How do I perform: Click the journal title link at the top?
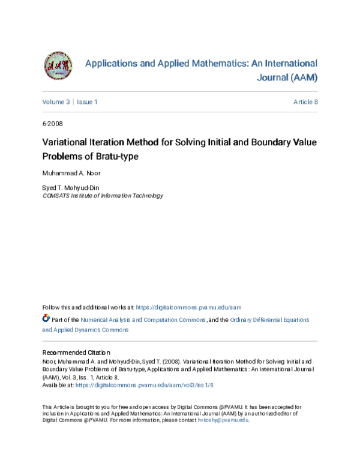click(202, 70)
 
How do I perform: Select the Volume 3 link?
click(56, 102)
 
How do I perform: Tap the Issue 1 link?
click(87, 102)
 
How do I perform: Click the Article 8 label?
click(305, 102)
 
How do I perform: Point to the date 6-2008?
click(52, 124)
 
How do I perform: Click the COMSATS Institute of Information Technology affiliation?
click(102, 196)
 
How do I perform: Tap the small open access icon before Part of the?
click(46, 319)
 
